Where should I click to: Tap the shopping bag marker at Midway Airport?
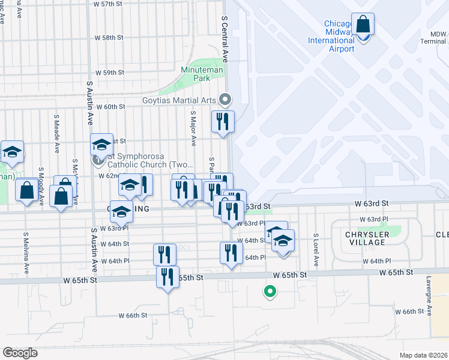[x=363, y=25]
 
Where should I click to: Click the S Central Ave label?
[x=226, y=40]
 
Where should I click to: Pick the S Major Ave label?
[x=193, y=128]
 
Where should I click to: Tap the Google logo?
[x=20, y=352]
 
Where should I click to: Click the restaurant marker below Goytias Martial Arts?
[x=223, y=122]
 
